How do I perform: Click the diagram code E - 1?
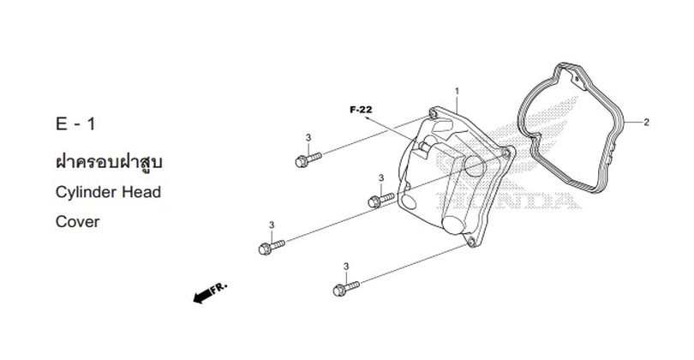click(x=75, y=123)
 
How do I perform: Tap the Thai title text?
click(x=110, y=162)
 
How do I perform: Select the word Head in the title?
click(x=141, y=192)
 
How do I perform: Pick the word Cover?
click(x=77, y=221)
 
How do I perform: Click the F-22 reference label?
click(x=361, y=110)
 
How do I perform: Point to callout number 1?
click(x=457, y=91)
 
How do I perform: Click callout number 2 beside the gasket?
click(x=646, y=123)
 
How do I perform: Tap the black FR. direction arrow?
click(x=203, y=296)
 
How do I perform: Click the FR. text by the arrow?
click(x=218, y=288)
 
